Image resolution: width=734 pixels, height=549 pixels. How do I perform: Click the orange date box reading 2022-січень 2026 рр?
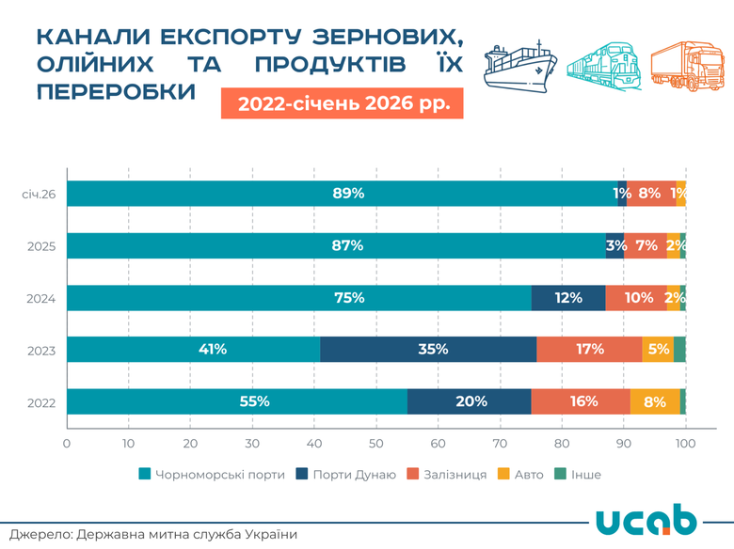(x=343, y=102)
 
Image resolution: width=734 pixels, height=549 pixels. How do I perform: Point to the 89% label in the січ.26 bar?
(x=347, y=194)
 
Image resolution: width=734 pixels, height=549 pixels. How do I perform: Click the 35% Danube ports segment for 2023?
(x=431, y=349)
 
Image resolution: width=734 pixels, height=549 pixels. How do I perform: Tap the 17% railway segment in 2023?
(x=589, y=349)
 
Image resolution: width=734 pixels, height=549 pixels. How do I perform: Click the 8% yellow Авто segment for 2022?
(x=655, y=401)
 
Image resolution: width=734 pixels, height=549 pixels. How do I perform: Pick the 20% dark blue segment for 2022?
(x=470, y=401)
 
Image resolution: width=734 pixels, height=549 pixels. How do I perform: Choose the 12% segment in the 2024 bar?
(x=568, y=298)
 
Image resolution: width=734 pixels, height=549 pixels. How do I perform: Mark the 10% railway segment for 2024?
(x=637, y=298)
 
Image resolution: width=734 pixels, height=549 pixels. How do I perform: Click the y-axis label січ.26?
(x=40, y=195)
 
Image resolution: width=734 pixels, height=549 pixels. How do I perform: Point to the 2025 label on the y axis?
(x=41, y=246)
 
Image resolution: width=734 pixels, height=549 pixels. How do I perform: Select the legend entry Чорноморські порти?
(x=212, y=475)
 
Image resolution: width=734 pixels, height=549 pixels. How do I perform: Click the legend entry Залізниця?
(x=446, y=475)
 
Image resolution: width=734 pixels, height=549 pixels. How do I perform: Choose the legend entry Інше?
(x=577, y=475)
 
